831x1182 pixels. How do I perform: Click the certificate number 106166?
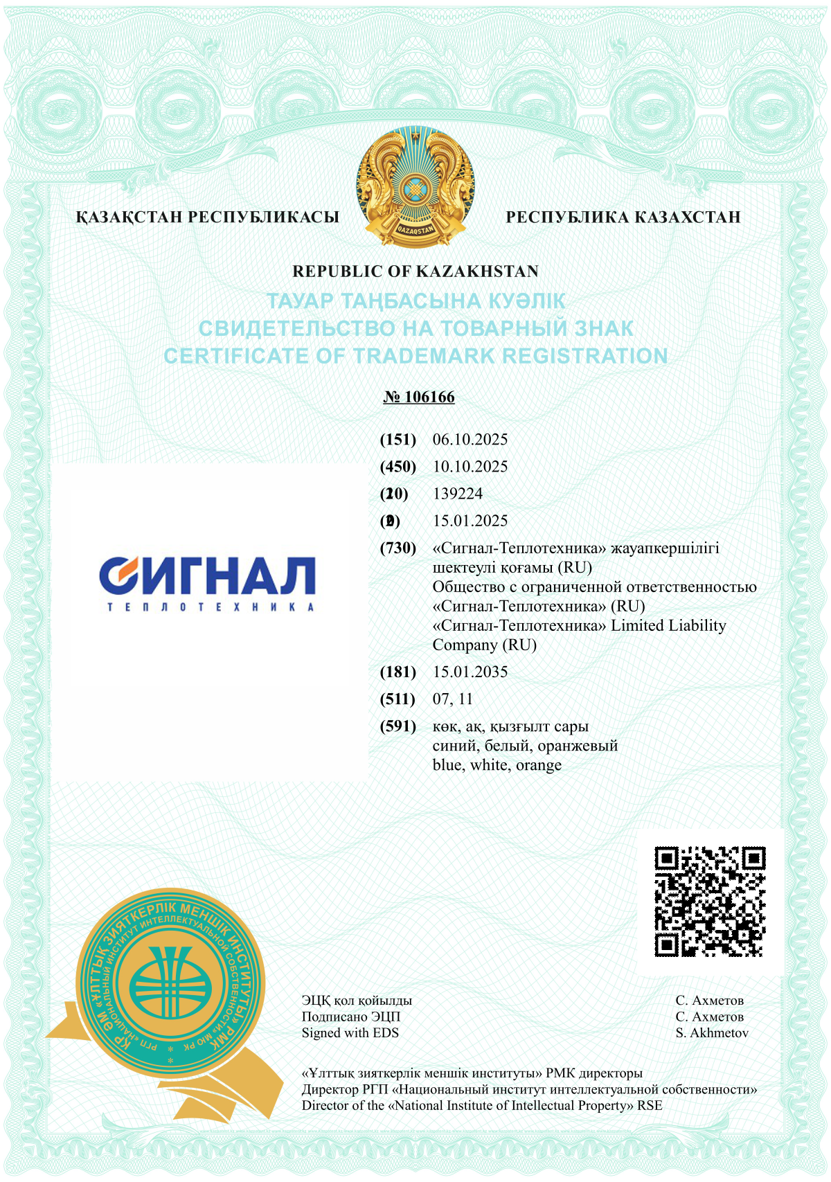429,397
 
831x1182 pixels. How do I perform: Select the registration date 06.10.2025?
470,439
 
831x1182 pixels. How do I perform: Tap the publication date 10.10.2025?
470,466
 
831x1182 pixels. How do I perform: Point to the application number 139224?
458,494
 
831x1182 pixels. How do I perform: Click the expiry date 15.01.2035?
470,672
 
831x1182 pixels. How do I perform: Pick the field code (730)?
398,548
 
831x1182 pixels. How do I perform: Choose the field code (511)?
398,699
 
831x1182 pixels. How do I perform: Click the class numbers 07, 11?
453,699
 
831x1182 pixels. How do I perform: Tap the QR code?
710,902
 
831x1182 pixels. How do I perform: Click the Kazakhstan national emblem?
415,187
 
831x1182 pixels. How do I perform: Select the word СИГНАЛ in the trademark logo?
208,575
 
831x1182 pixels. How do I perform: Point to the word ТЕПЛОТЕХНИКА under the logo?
211,607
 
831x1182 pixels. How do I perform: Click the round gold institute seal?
170,983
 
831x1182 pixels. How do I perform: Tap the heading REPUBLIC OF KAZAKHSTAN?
415,271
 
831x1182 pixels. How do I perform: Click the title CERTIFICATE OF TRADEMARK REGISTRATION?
415,356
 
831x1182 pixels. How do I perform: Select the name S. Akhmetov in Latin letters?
712,1032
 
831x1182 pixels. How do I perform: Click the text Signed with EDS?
350,1032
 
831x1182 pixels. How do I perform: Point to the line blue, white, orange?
497,765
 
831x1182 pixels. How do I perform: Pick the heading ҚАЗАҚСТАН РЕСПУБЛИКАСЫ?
208,217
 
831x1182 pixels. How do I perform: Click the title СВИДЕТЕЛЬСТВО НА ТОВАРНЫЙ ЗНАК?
415,328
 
